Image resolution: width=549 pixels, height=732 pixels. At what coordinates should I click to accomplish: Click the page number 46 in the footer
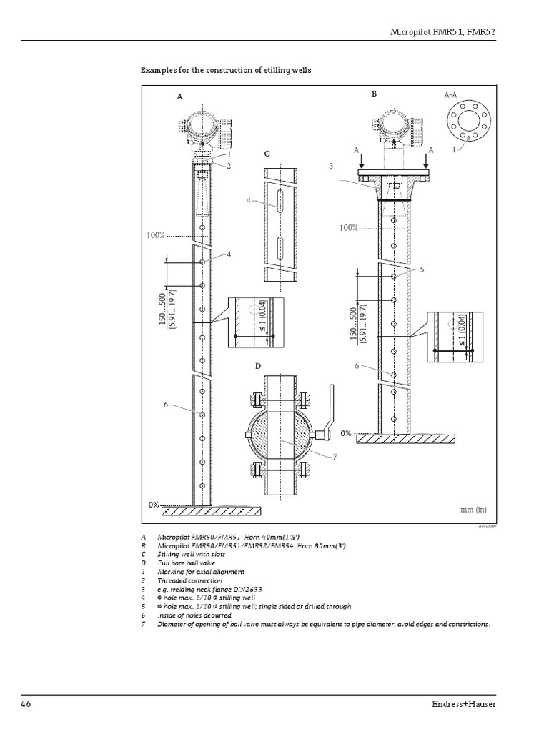pyautogui.click(x=26, y=703)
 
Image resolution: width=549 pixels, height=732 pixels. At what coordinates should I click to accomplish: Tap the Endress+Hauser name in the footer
pyautogui.click(x=484, y=703)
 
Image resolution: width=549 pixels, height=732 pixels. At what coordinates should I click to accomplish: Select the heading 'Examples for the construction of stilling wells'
pyautogui.click(x=226, y=71)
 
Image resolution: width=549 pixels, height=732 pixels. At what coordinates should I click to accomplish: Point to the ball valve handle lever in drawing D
pyautogui.click(x=328, y=410)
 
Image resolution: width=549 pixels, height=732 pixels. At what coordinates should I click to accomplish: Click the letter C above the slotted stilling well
pyautogui.click(x=267, y=154)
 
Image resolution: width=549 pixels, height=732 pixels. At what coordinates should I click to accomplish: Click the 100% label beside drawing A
pyautogui.click(x=157, y=234)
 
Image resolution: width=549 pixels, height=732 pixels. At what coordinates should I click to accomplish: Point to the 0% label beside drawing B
pyautogui.click(x=345, y=433)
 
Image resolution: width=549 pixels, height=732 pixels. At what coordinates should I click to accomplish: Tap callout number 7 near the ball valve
pyautogui.click(x=333, y=457)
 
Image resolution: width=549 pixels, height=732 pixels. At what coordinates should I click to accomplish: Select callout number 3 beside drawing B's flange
pyautogui.click(x=331, y=165)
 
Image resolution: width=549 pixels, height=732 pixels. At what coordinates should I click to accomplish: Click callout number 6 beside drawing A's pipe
pyautogui.click(x=165, y=405)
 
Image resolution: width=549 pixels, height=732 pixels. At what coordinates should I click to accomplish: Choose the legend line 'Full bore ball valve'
pyautogui.click(x=188, y=563)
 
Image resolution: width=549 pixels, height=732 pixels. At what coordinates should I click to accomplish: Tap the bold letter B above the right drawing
pyautogui.click(x=374, y=94)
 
